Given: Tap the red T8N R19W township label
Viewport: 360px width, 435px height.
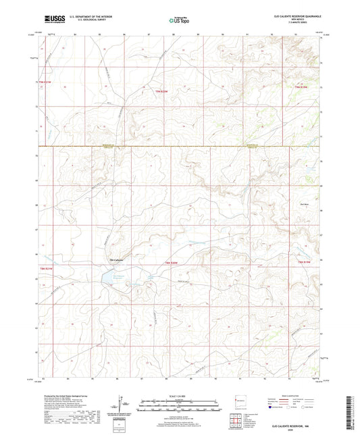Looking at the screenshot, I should click(303, 261).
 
